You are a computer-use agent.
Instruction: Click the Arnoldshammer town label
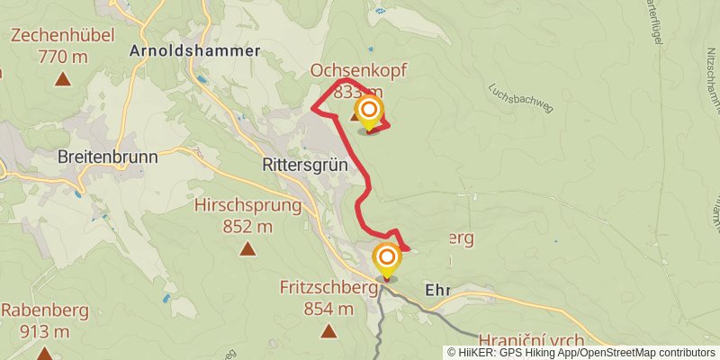click(x=194, y=50)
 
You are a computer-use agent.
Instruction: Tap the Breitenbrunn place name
click(x=107, y=157)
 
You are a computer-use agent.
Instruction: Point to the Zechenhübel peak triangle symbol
click(x=62, y=79)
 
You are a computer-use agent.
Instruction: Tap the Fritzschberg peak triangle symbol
click(x=328, y=330)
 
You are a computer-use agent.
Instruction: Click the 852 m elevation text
click(x=247, y=226)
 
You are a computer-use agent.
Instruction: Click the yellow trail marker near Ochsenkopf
click(x=369, y=112)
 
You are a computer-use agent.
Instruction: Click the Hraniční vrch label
click(x=531, y=340)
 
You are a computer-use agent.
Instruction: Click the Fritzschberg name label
click(x=328, y=289)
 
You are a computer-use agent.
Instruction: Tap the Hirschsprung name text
click(x=247, y=206)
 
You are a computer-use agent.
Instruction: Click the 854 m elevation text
click(x=328, y=310)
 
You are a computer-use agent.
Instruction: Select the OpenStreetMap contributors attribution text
click(x=656, y=353)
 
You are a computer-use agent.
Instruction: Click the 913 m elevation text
click(x=36, y=331)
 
